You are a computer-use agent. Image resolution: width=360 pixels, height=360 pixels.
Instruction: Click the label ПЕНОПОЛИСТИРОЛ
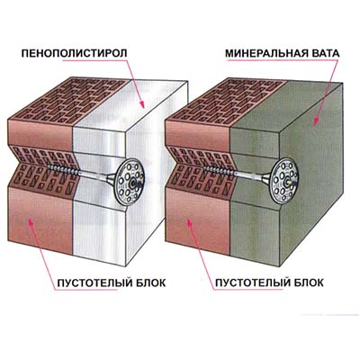pos(75,53)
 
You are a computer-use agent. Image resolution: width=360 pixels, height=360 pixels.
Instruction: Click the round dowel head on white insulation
pos(130,181)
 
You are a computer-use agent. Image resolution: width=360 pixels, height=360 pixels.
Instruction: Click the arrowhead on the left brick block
pos(31,223)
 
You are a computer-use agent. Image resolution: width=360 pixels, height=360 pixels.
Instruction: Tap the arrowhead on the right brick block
pos(189,223)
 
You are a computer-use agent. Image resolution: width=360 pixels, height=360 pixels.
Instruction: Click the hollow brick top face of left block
pos(70,100)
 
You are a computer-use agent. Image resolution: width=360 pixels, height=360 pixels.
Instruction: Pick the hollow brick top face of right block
pos(227,100)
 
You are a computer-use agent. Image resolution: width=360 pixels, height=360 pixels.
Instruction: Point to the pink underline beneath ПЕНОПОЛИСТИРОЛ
pos(94,61)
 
